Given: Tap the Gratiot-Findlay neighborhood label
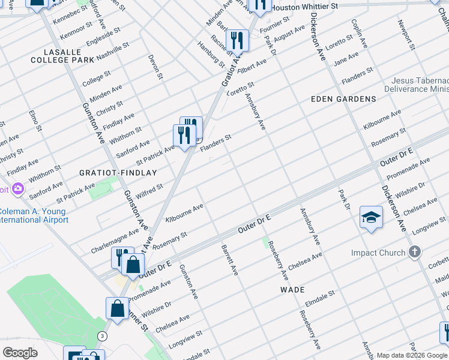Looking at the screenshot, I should (118, 172).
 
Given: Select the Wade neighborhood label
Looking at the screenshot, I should (293, 289).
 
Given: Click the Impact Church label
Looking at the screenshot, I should (378, 253).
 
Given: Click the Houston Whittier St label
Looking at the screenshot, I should (304, 7).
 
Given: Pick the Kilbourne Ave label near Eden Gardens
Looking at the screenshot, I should (382, 121).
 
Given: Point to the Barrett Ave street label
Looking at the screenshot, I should (230, 260).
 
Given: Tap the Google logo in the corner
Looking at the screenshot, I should (19, 352).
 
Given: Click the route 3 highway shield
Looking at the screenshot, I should (103, 336).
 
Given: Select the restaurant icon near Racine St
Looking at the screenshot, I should (238, 41).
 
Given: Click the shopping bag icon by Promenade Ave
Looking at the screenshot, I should (133, 265).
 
